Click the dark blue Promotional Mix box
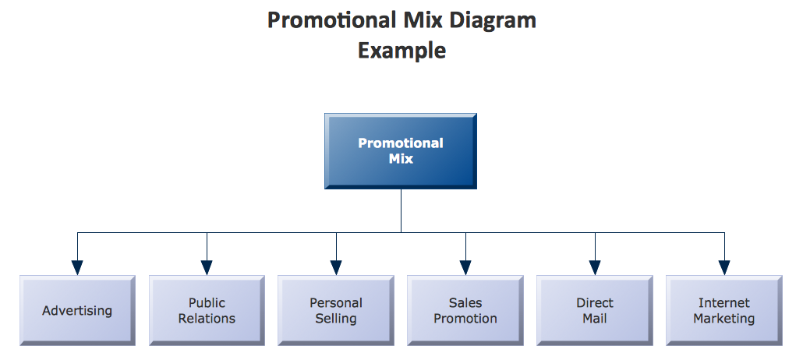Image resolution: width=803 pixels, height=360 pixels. pos(401,151)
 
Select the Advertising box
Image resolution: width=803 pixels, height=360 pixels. pos(77,310)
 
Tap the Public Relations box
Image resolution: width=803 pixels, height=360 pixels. pos(207,310)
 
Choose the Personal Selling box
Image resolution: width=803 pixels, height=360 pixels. pos(336,310)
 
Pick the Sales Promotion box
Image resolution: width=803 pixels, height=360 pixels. pos(465,310)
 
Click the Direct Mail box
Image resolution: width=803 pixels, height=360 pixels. pos(595,310)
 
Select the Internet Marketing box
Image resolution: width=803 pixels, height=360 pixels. pos(724,310)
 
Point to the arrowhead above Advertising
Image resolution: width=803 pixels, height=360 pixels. pos(77,267)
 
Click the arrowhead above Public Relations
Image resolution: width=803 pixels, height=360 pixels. pos(207,267)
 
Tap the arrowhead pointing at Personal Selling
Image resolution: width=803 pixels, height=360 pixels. pos(336,267)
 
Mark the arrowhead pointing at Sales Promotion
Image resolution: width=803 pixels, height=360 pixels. pos(465,267)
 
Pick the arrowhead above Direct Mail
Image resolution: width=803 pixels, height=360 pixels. pos(595,267)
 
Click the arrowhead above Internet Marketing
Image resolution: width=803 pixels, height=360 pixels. pos(724,267)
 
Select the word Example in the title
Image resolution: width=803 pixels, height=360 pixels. pos(401,51)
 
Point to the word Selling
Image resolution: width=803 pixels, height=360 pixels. pos(336,319)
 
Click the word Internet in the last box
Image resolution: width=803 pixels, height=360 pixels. pos(724,302)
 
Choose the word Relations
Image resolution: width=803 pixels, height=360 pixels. pos(207,319)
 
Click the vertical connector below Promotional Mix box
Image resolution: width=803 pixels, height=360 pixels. pos(401,211)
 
